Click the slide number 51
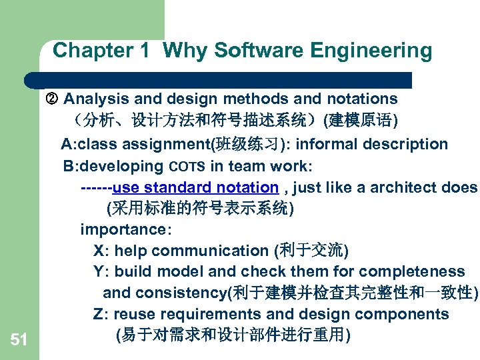pos(19,340)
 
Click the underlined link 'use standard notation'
pos(195,187)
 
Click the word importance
pos(124,229)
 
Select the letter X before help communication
pos(99,251)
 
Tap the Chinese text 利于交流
pos(310,251)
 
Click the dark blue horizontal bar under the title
pos(220,80)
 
